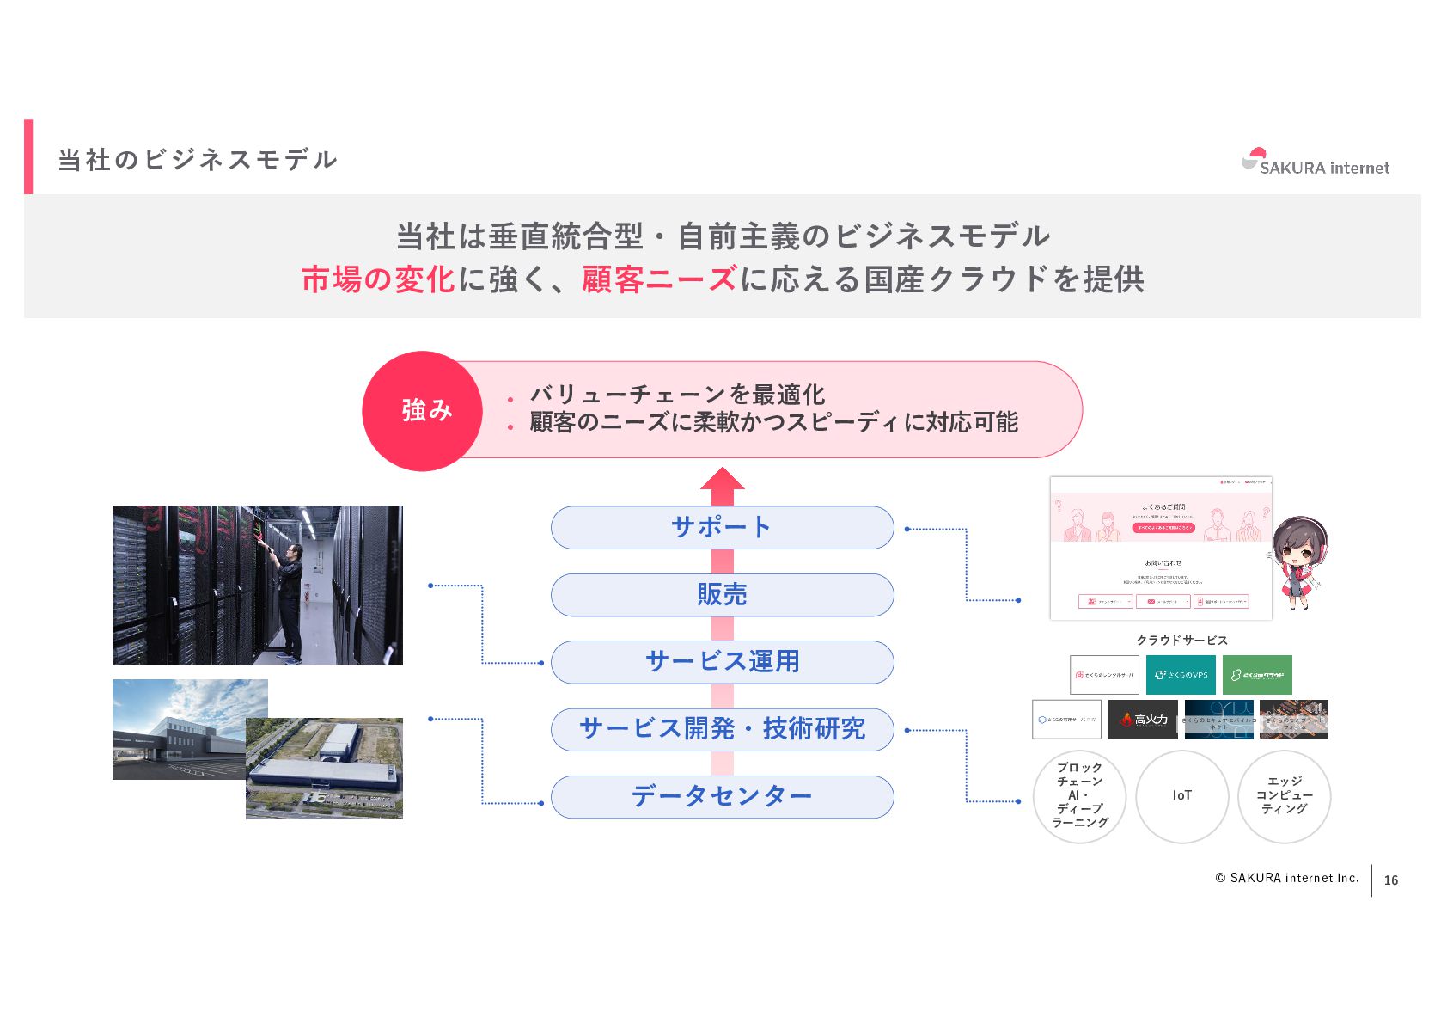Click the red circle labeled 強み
[x=423, y=411]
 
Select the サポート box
[x=722, y=527]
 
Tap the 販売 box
[x=722, y=595]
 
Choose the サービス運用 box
[x=722, y=662]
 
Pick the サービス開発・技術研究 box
[x=722, y=729]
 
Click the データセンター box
[x=722, y=797]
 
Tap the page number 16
[x=1391, y=880]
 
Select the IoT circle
[x=1182, y=796]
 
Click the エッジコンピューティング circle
[x=1285, y=796]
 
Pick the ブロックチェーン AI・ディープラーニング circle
[x=1080, y=796]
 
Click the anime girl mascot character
[x=1299, y=561]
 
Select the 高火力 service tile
[x=1143, y=720]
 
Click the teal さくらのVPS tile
[x=1181, y=675]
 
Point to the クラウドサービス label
[x=1181, y=641]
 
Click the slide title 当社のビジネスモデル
[x=198, y=160]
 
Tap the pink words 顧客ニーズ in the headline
[x=659, y=279]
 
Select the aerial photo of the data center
[x=324, y=769]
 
